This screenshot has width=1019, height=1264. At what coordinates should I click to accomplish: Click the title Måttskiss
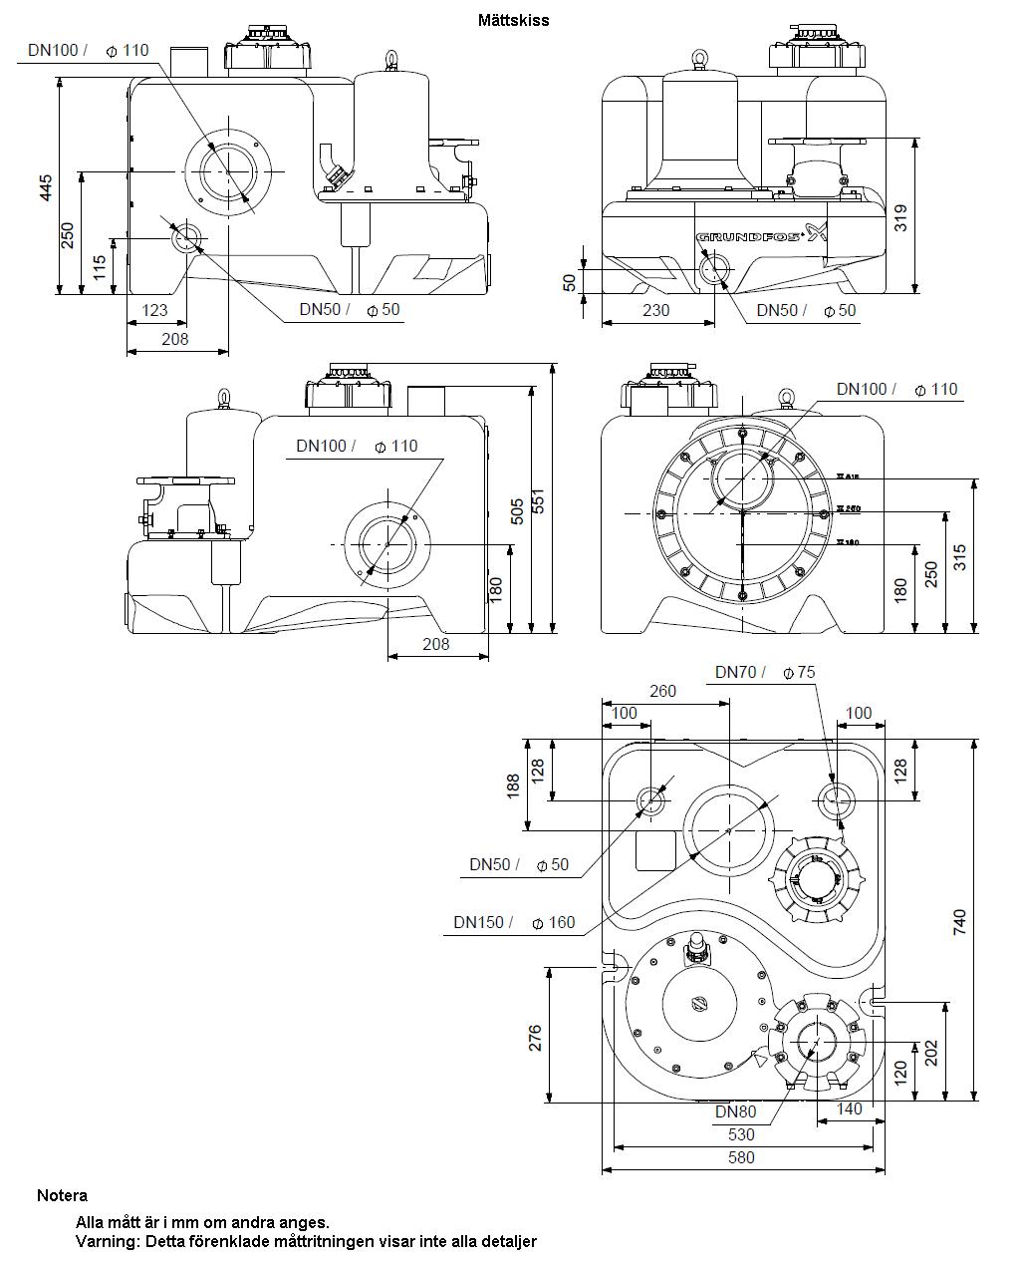pyautogui.click(x=513, y=20)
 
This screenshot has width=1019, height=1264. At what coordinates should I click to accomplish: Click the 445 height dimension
pyautogui.click(x=46, y=188)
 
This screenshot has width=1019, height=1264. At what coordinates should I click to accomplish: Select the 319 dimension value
pyautogui.click(x=900, y=217)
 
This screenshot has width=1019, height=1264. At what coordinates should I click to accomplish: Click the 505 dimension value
pyautogui.click(x=517, y=510)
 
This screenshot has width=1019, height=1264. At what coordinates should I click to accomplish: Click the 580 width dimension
pyautogui.click(x=742, y=1157)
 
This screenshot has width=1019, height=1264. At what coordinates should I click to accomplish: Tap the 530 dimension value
pyautogui.click(x=742, y=1134)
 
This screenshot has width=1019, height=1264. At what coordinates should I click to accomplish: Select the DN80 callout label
pyautogui.click(x=736, y=1111)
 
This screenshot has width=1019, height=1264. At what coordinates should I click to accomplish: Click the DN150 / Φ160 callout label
pyautogui.click(x=515, y=922)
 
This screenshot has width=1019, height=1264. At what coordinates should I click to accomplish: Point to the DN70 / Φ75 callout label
pyautogui.click(x=765, y=672)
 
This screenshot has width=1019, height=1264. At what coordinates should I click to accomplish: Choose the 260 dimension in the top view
pyautogui.click(x=662, y=691)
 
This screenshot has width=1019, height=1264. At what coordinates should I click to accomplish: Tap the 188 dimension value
pyautogui.click(x=514, y=786)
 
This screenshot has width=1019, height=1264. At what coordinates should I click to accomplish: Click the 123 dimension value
pyautogui.click(x=154, y=310)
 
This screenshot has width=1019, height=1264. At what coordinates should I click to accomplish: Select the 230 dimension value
pyautogui.click(x=655, y=310)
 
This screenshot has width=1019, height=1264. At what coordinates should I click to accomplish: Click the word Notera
pyautogui.click(x=62, y=1195)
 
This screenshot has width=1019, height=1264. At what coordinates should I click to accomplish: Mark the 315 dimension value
pyautogui.click(x=959, y=556)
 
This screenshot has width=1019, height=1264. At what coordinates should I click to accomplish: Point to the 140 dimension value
pyautogui.click(x=849, y=1107)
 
